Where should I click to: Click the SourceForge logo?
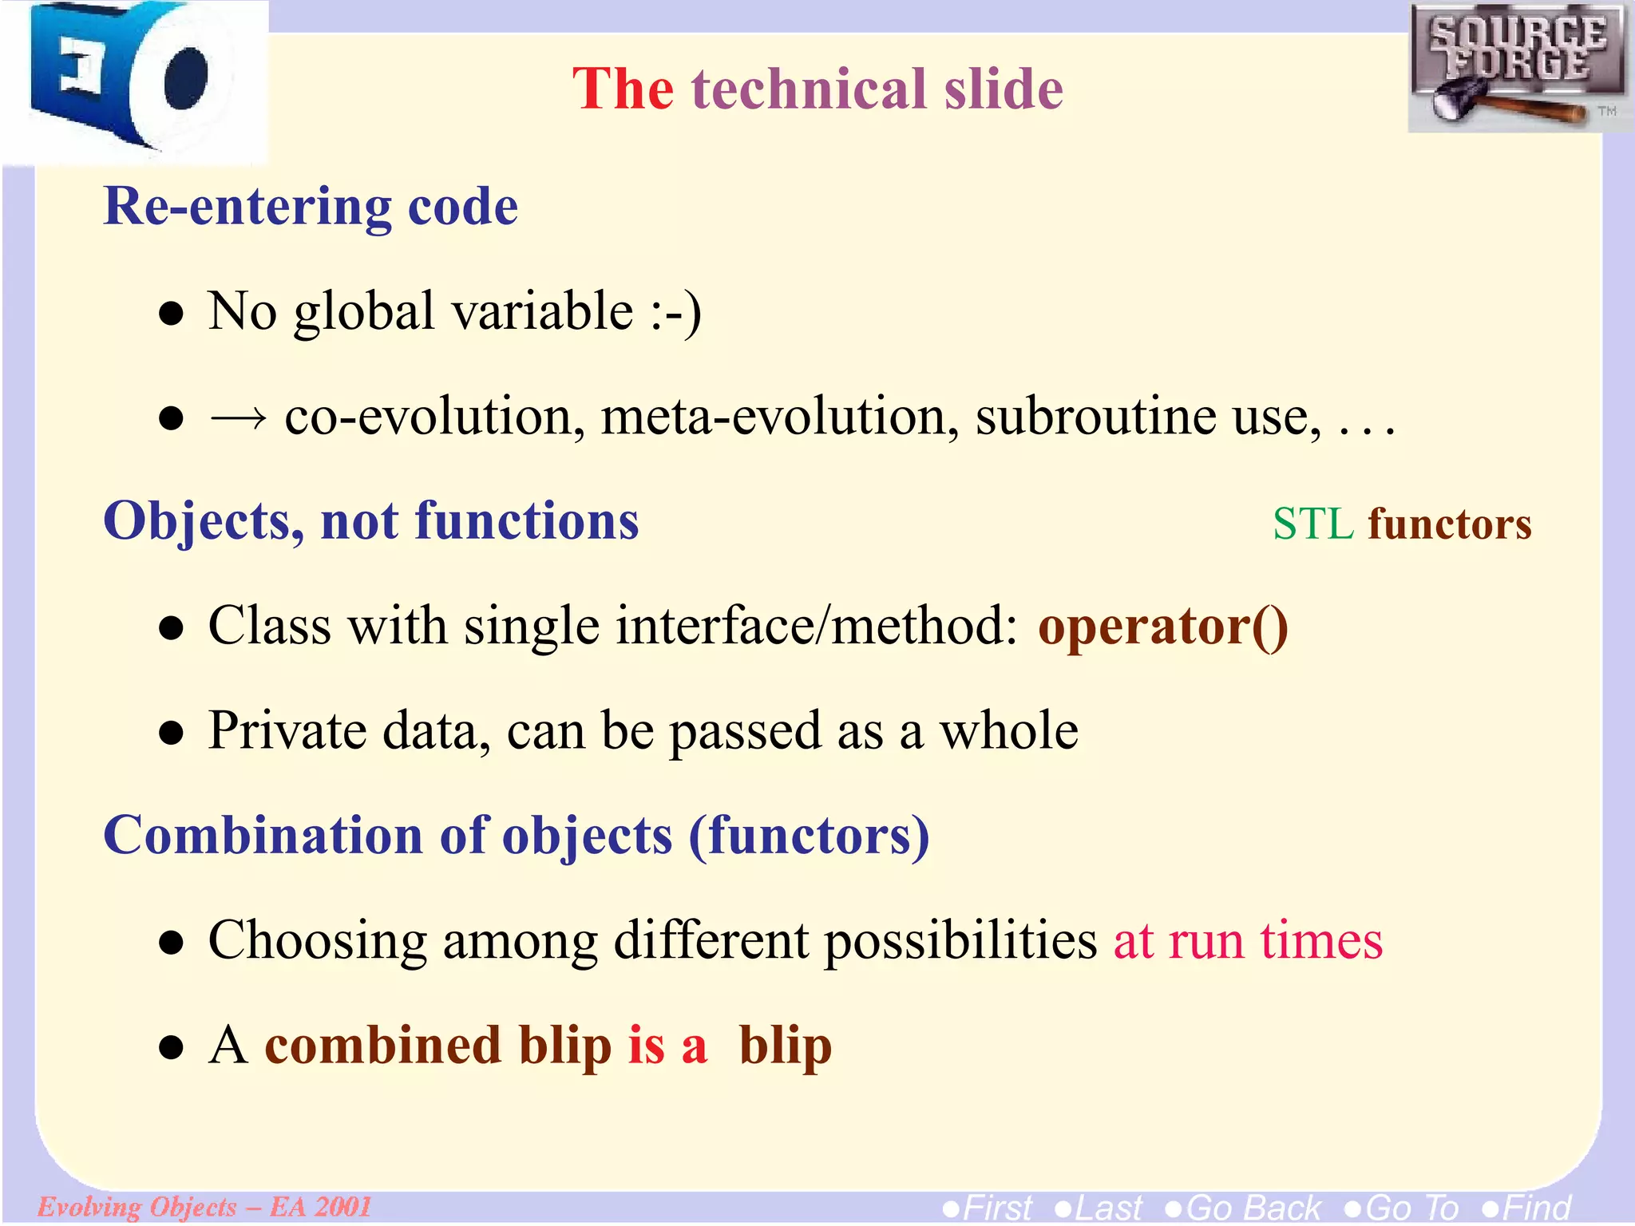pos(1517,68)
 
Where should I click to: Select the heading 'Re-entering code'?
pos(311,207)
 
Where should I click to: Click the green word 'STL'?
pos(1312,524)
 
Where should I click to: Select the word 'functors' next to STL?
pos(1450,524)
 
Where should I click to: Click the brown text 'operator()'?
pos(1162,626)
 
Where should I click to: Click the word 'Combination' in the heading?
pos(263,836)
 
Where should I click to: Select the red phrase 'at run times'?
pos(1248,940)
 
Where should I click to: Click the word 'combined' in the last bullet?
pos(382,1046)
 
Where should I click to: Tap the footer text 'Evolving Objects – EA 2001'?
pos(204,1206)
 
